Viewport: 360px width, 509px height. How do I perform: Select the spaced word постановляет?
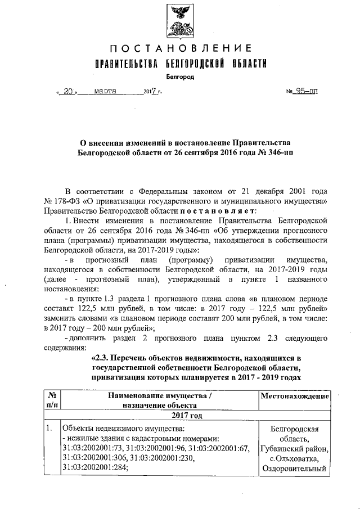point(220,210)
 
